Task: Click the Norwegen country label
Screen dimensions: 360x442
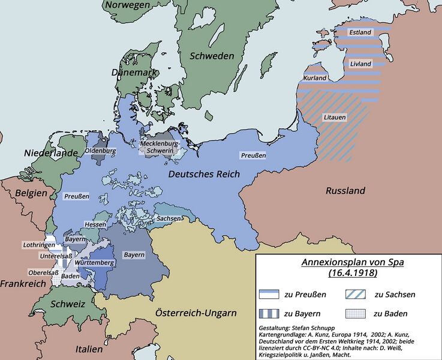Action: point(128,5)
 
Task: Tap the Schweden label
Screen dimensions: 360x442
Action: point(212,56)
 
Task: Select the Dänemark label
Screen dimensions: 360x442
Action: point(133,72)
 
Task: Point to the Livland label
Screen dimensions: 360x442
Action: point(360,64)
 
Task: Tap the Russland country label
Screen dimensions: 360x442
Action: point(345,191)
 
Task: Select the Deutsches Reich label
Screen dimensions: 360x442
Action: point(204,174)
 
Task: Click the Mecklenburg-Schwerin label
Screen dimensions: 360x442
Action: point(159,147)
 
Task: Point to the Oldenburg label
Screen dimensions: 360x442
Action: point(100,151)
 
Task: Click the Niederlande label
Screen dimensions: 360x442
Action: point(51,153)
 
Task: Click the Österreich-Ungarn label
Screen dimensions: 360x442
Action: point(196,313)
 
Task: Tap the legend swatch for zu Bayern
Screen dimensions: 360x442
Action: point(270,314)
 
